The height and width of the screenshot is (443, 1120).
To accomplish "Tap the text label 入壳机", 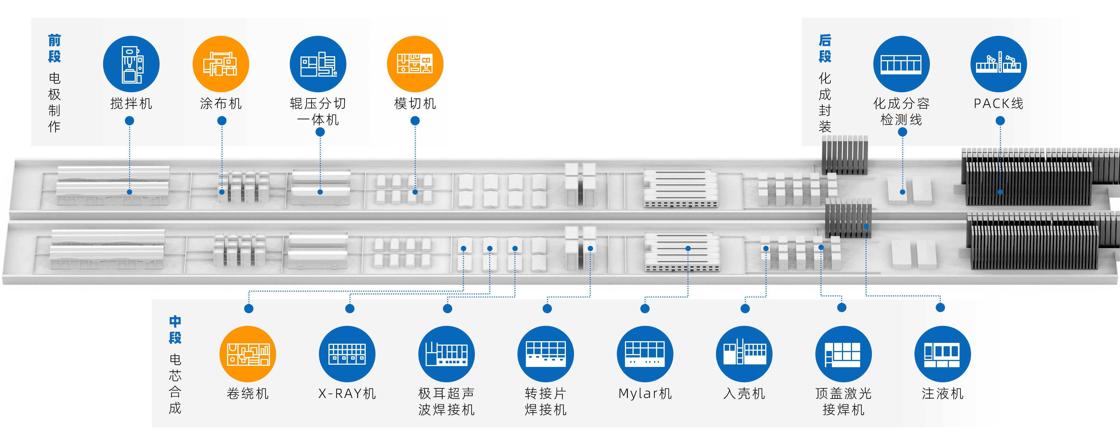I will point(744,393).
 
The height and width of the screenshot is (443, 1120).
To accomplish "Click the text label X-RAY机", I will point(347,393).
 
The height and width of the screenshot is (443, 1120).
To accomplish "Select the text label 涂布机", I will point(221,103).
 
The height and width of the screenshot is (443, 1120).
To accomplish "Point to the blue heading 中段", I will point(175,329).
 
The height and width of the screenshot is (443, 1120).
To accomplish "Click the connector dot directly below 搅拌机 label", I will point(130,121).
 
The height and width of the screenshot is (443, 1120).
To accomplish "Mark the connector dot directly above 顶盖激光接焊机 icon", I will point(842,307).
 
